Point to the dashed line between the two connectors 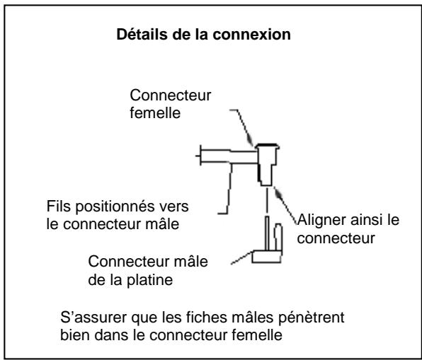click(x=266, y=201)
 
